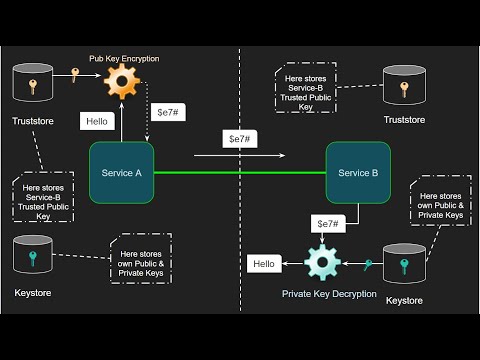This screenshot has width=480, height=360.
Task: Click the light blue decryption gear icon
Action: coord(323,263)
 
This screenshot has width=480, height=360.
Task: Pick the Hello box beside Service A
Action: coord(97,123)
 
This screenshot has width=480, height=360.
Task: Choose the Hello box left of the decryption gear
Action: coord(264,264)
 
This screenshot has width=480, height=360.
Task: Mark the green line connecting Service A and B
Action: coord(241,173)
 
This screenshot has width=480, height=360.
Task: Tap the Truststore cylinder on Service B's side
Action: coord(404,88)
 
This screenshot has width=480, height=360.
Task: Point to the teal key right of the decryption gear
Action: coord(369,264)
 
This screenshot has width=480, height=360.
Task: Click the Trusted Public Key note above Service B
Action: coord(307,87)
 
